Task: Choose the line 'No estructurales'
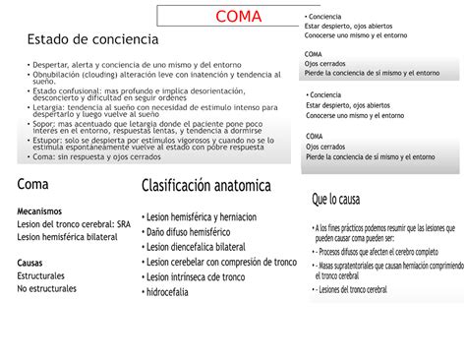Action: pyautogui.click(x=50, y=289)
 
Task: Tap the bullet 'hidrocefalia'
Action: pyautogui.click(x=175, y=292)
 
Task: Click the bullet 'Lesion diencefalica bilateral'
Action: pyautogui.click(x=197, y=247)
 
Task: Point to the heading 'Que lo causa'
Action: pyautogui.click(x=335, y=200)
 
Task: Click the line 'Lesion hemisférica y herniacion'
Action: pyautogui.click(x=202, y=217)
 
